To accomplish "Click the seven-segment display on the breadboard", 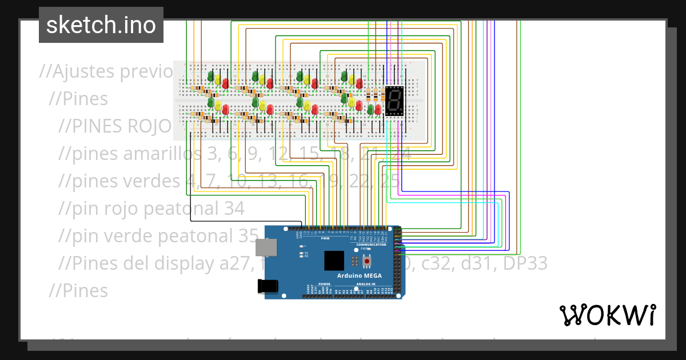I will pyautogui.click(x=394, y=101).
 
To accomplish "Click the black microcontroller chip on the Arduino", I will pyautogui.click(x=335, y=261).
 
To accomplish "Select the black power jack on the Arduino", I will pyautogui.click(x=268, y=286).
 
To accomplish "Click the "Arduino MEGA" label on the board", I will pyautogui.click(x=359, y=275).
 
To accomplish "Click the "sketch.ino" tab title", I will pyautogui.click(x=101, y=25).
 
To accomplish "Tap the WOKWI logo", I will pyautogui.click(x=607, y=315).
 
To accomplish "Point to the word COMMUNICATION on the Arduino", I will pyautogui.click(x=372, y=245).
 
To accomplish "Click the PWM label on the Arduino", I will pyautogui.click(x=325, y=238).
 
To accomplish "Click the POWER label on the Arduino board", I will pyautogui.click(x=324, y=283).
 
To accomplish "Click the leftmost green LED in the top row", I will pyautogui.click(x=210, y=76).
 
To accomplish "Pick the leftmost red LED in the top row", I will pyautogui.click(x=225, y=83).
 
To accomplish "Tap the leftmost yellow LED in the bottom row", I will pyautogui.click(x=218, y=106).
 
